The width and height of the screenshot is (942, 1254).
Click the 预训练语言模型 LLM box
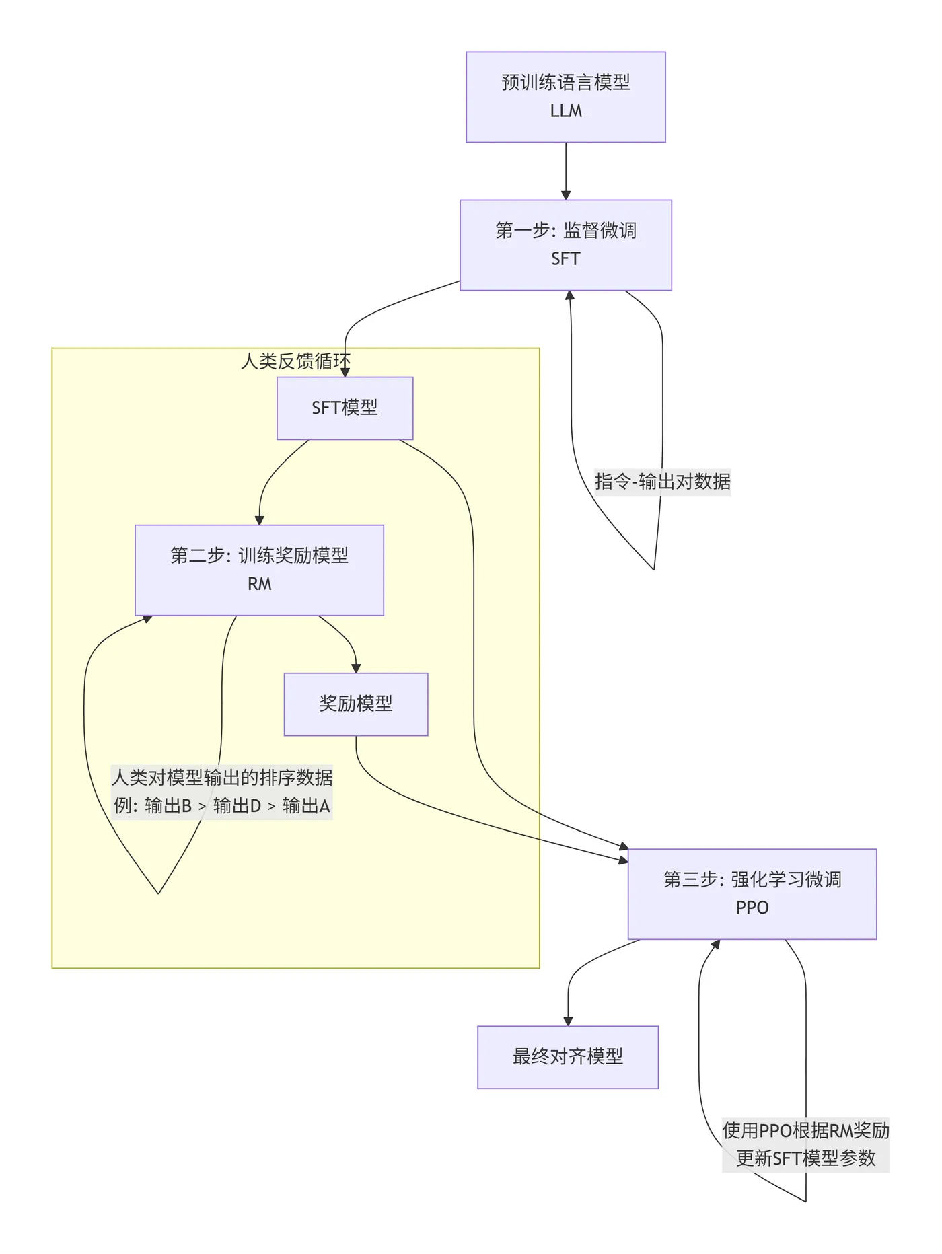tap(565, 97)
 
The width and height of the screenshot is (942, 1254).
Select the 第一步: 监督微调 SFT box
tap(565, 245)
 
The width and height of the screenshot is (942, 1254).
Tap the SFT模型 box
tap(345, 408)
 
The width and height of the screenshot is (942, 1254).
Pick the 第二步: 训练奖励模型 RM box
tap(259, 570)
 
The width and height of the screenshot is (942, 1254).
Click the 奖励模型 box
tap(355, 704)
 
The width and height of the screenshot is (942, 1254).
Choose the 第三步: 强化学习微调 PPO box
tap(752, 893)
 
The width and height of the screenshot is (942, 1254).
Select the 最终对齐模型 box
tap(567, 1057)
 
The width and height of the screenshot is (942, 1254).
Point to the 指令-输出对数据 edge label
tap(662, 482)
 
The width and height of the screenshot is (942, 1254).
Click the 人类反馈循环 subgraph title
tap(295, 361)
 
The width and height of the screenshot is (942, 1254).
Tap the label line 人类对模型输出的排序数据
tap(222, 778)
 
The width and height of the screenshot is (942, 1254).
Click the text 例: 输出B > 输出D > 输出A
tap(222, 806)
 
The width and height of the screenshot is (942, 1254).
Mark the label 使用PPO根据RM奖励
tap(805, 1130)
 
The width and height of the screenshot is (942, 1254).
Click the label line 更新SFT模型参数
tap(805, 1158)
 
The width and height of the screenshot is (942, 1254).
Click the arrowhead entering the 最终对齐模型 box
tap(568, 1021)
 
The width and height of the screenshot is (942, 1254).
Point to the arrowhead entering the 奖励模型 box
tap(356, 668)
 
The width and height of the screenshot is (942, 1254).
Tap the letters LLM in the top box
tap(565, 111)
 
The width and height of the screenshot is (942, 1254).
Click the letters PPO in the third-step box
tap(752, 908)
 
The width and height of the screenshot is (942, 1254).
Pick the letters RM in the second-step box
tap(259, 584)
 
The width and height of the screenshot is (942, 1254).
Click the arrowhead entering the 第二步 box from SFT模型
tap(259, 520)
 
